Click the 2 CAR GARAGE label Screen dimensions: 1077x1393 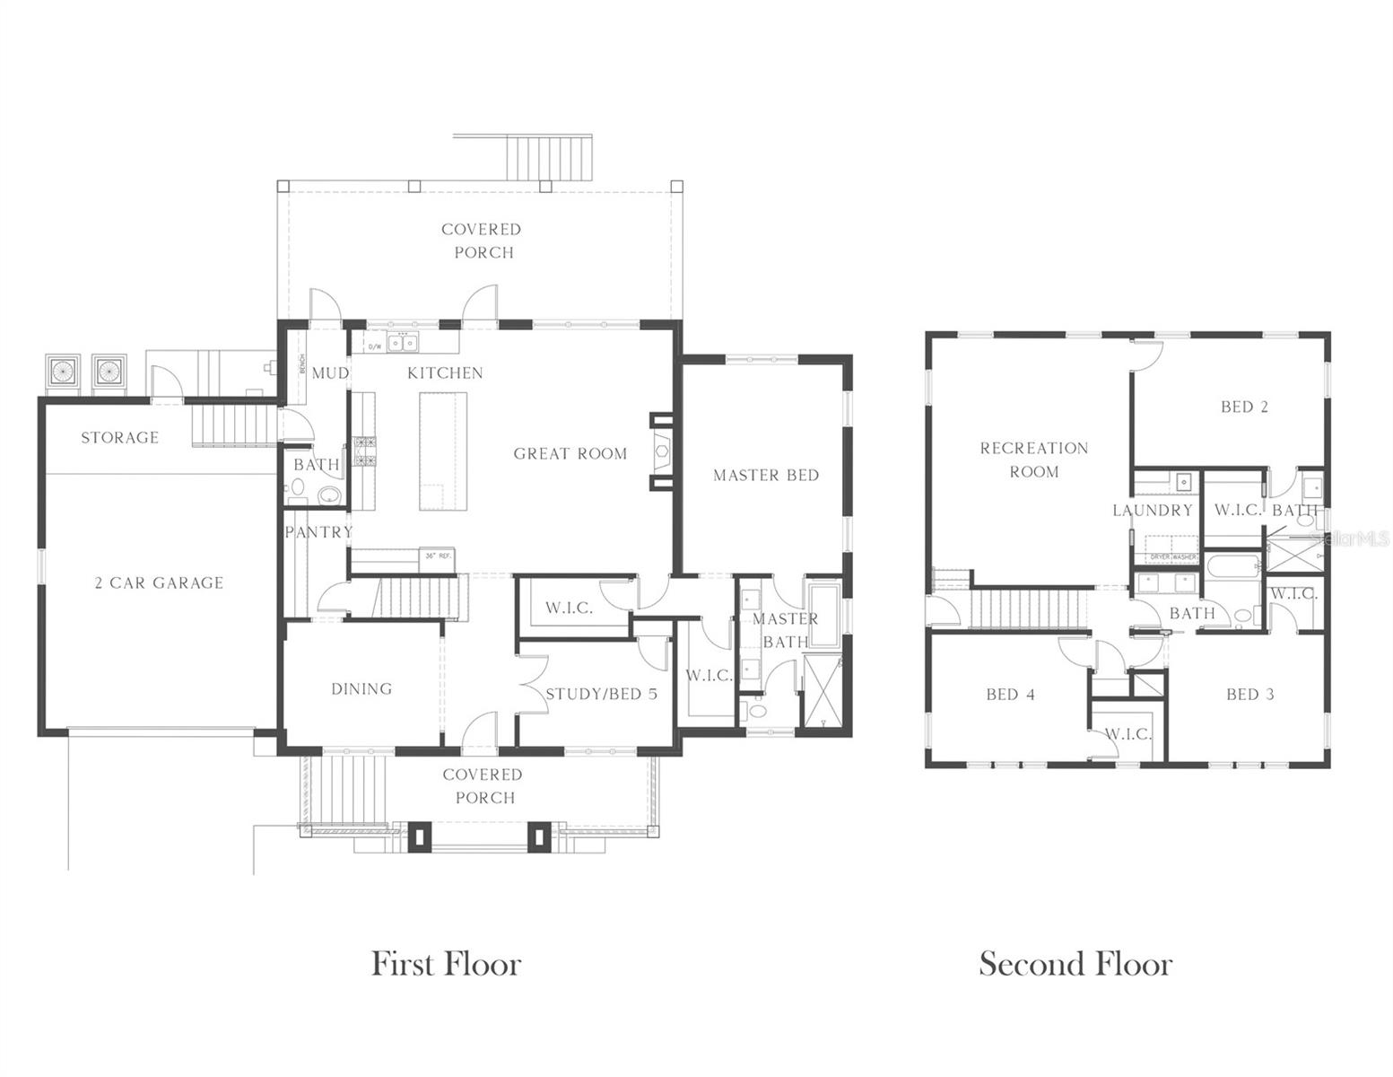click(x=159, y=583)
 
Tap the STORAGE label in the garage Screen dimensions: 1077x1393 click(x=119, y=438)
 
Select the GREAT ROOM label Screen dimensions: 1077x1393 click(x=570, y=454)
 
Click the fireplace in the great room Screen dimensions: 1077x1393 click(x=662, y=452)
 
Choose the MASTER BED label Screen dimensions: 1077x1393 click(x=766, y=476)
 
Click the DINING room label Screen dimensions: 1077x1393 click(x=361, y=689)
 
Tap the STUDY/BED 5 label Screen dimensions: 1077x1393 click(x=601, y=694)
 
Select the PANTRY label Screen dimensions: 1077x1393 click(x=318, y=532)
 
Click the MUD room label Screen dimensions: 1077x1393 click(x=329, y=373)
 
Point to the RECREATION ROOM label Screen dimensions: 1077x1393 click(x=1033, y=460)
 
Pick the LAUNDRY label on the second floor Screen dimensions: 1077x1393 click(x=1152, y=511)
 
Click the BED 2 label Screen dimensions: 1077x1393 click(x=1244, y=407)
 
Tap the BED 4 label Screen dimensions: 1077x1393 click(x=1010, y=695)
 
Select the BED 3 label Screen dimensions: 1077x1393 click(x=1249, y=695)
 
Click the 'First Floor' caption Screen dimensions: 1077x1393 click(x=446, y=964)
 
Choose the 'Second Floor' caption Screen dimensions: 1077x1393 click(x=1075, y=964)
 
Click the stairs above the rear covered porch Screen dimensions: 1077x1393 click(x=549, y=157)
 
